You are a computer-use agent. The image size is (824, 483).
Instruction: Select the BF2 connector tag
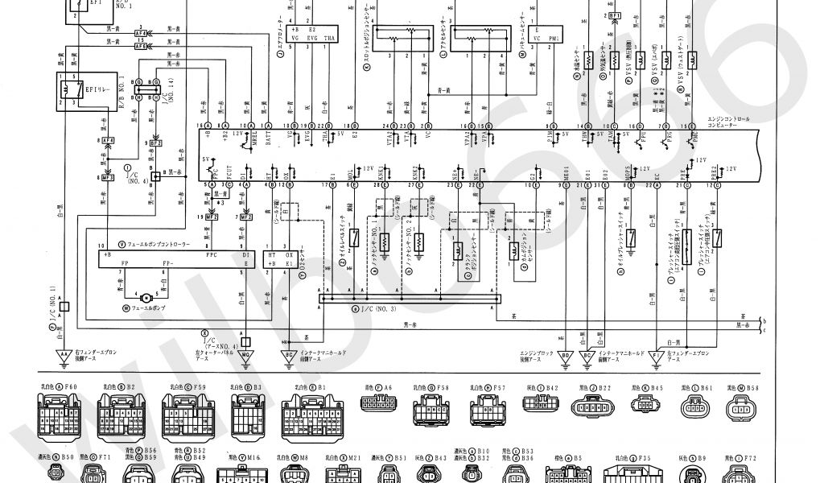pyautogui.click(x=155, y=142)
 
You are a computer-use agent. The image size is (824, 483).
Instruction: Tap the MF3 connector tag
pyautogui.click(x=107, y=176)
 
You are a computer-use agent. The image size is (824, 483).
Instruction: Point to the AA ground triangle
pyautogui.click(x=64, y=353)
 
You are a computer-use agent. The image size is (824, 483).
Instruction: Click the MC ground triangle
pyautogui.click(x=245, y=353)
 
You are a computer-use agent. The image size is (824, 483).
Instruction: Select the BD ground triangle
pyautogui.click(x=566, y=353)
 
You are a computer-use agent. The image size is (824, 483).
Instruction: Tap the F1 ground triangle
pyautogui.click(x=658, y=353)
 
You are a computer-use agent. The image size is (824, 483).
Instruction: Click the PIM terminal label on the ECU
pyautogui.click(x=553, y=138)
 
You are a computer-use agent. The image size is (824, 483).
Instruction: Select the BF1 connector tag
pyautogui.click(x=616, y=15)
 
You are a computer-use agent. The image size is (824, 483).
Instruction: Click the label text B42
pyautogui.click(x=551, y=388)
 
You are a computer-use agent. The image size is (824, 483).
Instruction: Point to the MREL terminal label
pyautogui.click(x=253, y=138)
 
